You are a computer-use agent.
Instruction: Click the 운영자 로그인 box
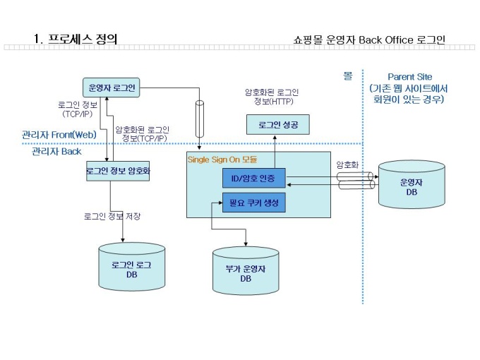(x=112, y=88)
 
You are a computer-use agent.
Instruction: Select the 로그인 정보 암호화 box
(x=118, y=171)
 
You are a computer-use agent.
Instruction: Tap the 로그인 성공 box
(x=277, y=125)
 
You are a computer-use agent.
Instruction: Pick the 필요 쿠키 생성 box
(x=253, y=203)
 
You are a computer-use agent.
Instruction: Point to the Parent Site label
(x=410, y=76)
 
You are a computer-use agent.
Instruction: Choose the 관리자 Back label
(x=56, y=151)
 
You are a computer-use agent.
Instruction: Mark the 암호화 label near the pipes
(x=348, y=164)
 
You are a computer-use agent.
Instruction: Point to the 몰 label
(x=348, y=76)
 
